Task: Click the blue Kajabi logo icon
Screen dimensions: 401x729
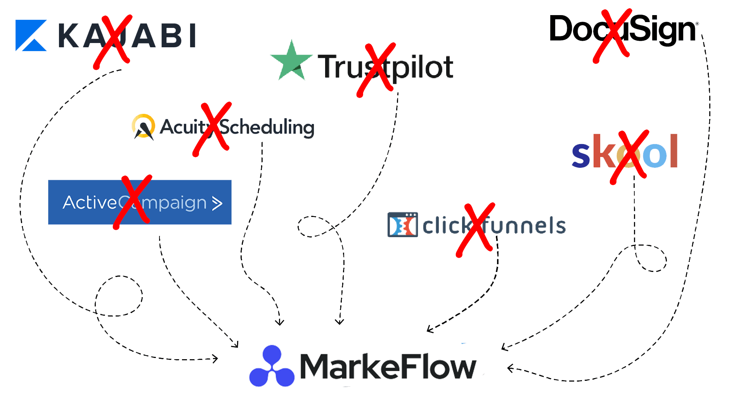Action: [x=31, y=36]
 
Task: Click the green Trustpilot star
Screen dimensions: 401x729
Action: [x=291, y=61]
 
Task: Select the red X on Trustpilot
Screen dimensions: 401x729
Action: [x=376, y=70]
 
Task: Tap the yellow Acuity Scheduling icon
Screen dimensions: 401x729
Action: [x=143, y=126]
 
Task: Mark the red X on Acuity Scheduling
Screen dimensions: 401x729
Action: [x=212, y=129]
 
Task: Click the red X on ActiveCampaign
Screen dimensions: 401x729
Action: [x=132, y=201]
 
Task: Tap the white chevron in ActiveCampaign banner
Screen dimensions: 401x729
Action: [x=217, y=203]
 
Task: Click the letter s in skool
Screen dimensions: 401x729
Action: [x=581, y=155]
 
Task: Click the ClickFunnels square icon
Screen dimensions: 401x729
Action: [x=402, y=224]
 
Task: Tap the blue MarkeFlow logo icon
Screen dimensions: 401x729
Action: [x=272, y=366]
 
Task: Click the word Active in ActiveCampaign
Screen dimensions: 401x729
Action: [x=90, y=203]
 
